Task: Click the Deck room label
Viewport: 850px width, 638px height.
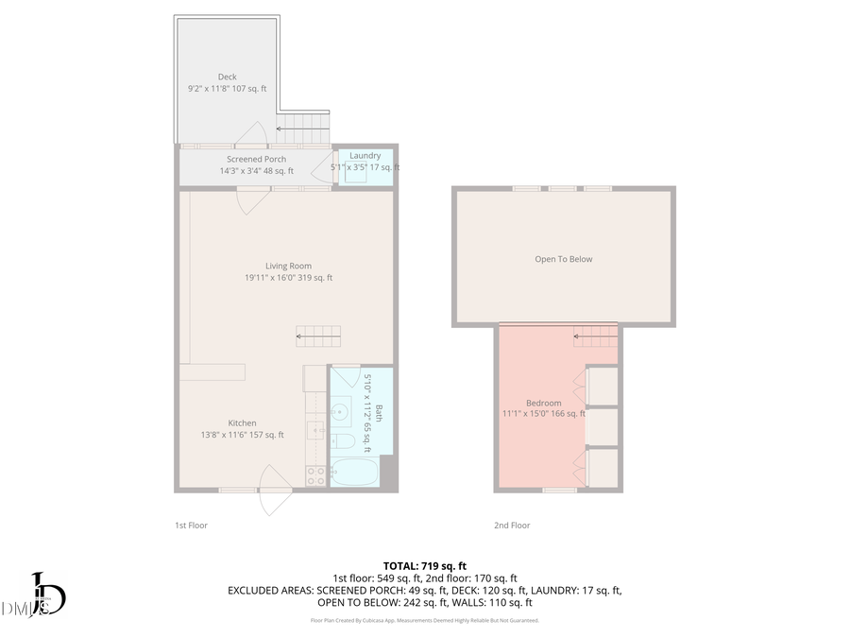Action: click(x=227, y=77)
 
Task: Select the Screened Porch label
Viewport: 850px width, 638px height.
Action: click(x=256, y=160)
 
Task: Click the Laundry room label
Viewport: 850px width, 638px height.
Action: click(x=365, y=155)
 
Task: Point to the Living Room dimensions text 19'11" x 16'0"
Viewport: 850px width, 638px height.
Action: click(x=288, y=278)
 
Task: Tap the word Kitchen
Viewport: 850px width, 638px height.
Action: click(x=242, y=422)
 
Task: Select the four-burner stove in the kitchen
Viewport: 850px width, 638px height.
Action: click(x=315, y=476)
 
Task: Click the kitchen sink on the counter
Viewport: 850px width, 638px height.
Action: click(x=315, y=430)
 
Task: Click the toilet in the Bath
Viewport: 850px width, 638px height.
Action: click(x=344, y=441)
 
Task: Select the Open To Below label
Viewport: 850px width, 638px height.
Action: click(x=564, y=259)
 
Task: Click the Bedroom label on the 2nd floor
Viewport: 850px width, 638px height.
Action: click(x=544, y=403)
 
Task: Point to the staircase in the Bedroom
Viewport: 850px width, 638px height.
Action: click(x=595, y=336)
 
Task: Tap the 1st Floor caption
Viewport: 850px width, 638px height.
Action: click(x=191, y=526)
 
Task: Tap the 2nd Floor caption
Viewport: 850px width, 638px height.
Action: click(x=512, y=526)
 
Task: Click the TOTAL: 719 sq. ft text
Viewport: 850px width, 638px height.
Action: click(x=424, y=564)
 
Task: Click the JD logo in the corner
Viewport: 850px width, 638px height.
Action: click(x=42, y=595)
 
